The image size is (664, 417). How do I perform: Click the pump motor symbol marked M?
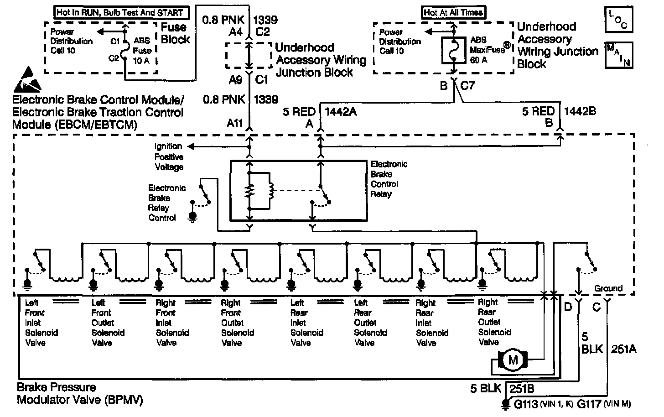513,360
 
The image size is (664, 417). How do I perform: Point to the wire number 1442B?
580,111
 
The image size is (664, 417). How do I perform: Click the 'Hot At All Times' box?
453,12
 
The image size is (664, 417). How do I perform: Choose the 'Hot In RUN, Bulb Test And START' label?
120,12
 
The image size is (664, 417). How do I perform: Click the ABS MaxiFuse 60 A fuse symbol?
454,50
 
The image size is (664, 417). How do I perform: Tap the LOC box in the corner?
619,19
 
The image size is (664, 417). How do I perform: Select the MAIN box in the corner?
619,55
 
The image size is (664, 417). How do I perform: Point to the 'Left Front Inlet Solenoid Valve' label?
41,322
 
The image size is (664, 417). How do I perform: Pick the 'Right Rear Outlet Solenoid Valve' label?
494,322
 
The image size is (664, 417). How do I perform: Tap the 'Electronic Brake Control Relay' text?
389,179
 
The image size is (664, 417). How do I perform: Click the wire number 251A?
623,349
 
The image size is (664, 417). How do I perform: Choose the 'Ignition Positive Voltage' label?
169,156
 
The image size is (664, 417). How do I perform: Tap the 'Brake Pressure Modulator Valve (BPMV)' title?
80,394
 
